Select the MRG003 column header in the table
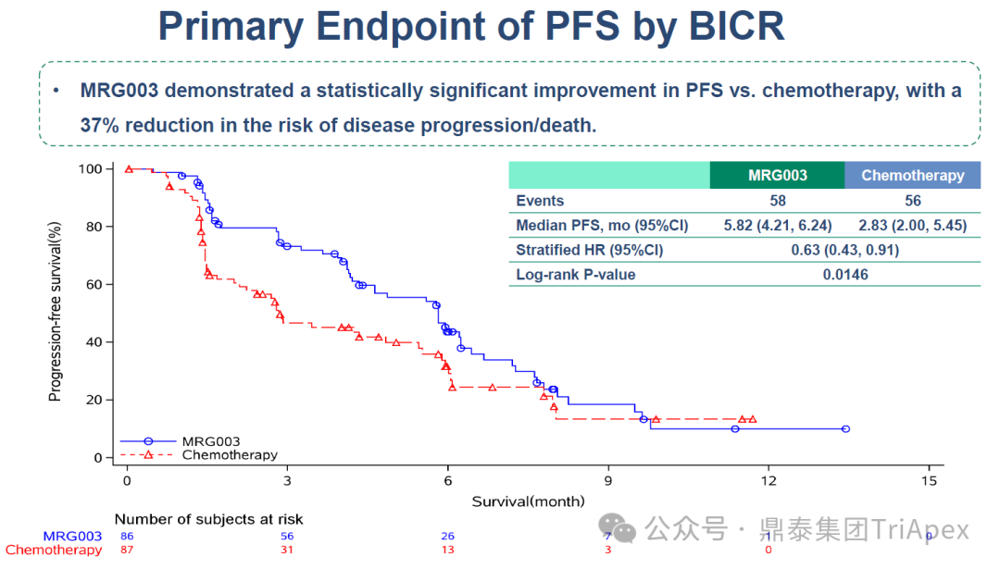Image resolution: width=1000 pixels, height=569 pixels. (777, 175)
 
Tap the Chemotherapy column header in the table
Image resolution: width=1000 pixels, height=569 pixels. (912, 175)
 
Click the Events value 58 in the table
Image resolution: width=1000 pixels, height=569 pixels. (777, 201)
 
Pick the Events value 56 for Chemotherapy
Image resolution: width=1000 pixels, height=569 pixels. (912, 201)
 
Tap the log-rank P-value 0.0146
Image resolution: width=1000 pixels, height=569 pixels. (844, 275)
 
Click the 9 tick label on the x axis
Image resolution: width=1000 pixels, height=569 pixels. (608, 480)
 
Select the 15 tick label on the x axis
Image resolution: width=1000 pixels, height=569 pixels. (929, 480)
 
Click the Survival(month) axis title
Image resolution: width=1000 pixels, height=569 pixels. (528, 501)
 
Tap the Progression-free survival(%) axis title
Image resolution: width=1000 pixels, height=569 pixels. (55, 312)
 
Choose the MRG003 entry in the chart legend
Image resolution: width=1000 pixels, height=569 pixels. (210, 441)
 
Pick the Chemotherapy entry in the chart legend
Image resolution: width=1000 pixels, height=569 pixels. (229, 455)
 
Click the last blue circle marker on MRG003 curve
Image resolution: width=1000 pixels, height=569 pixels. (845, 429)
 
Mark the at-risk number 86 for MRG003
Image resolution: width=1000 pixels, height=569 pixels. (127, 536)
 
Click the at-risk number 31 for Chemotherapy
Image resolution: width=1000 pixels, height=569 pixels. (287, 550)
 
